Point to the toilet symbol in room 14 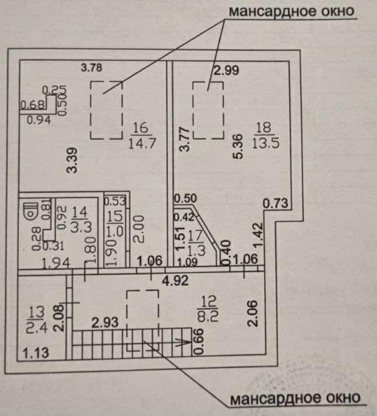[x=30, y=209]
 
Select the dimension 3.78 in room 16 [x=92, y=67]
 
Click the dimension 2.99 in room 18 [x=226, y=70]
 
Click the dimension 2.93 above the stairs [x=106, y=321]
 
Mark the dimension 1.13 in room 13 [x=36, y=351]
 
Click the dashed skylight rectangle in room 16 [x=106, y=110]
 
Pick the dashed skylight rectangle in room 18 [x=209, y=110]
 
